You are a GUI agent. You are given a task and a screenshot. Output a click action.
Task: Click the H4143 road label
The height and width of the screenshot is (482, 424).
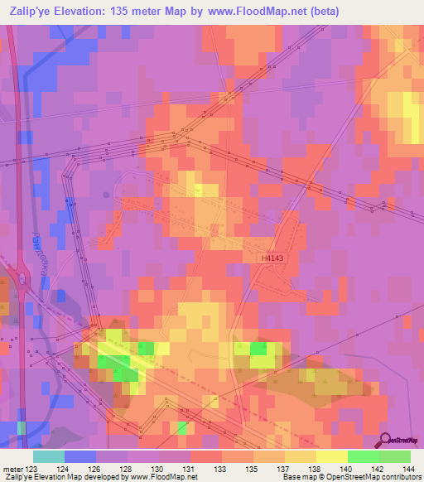click(x=273, y=259)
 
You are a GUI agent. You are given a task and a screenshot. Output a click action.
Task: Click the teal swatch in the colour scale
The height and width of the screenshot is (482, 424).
click(x=49, y=456)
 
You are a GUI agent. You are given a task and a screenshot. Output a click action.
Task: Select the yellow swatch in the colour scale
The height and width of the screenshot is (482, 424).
click(x=331, y=456)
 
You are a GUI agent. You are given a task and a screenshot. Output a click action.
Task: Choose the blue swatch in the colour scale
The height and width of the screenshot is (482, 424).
click(x=80, y=456)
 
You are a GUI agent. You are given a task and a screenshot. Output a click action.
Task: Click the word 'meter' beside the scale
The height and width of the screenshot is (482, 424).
click(x=12, y=468)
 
